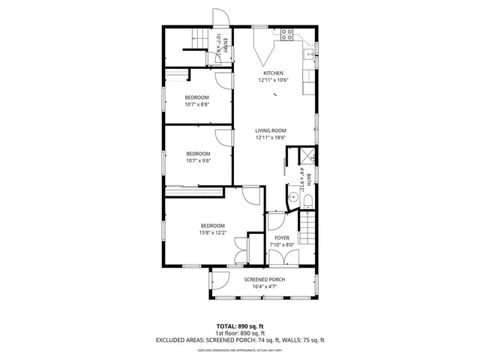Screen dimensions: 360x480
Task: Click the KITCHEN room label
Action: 272,73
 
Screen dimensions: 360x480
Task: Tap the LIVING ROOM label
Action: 272,130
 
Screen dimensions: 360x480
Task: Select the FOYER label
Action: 281,238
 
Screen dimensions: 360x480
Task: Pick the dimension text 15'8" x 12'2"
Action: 212,232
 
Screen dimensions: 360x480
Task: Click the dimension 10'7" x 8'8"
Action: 197,104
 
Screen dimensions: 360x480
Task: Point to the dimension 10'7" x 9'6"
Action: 198,160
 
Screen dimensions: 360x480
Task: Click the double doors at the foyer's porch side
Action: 282,257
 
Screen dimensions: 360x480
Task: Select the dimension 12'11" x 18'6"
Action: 272,138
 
